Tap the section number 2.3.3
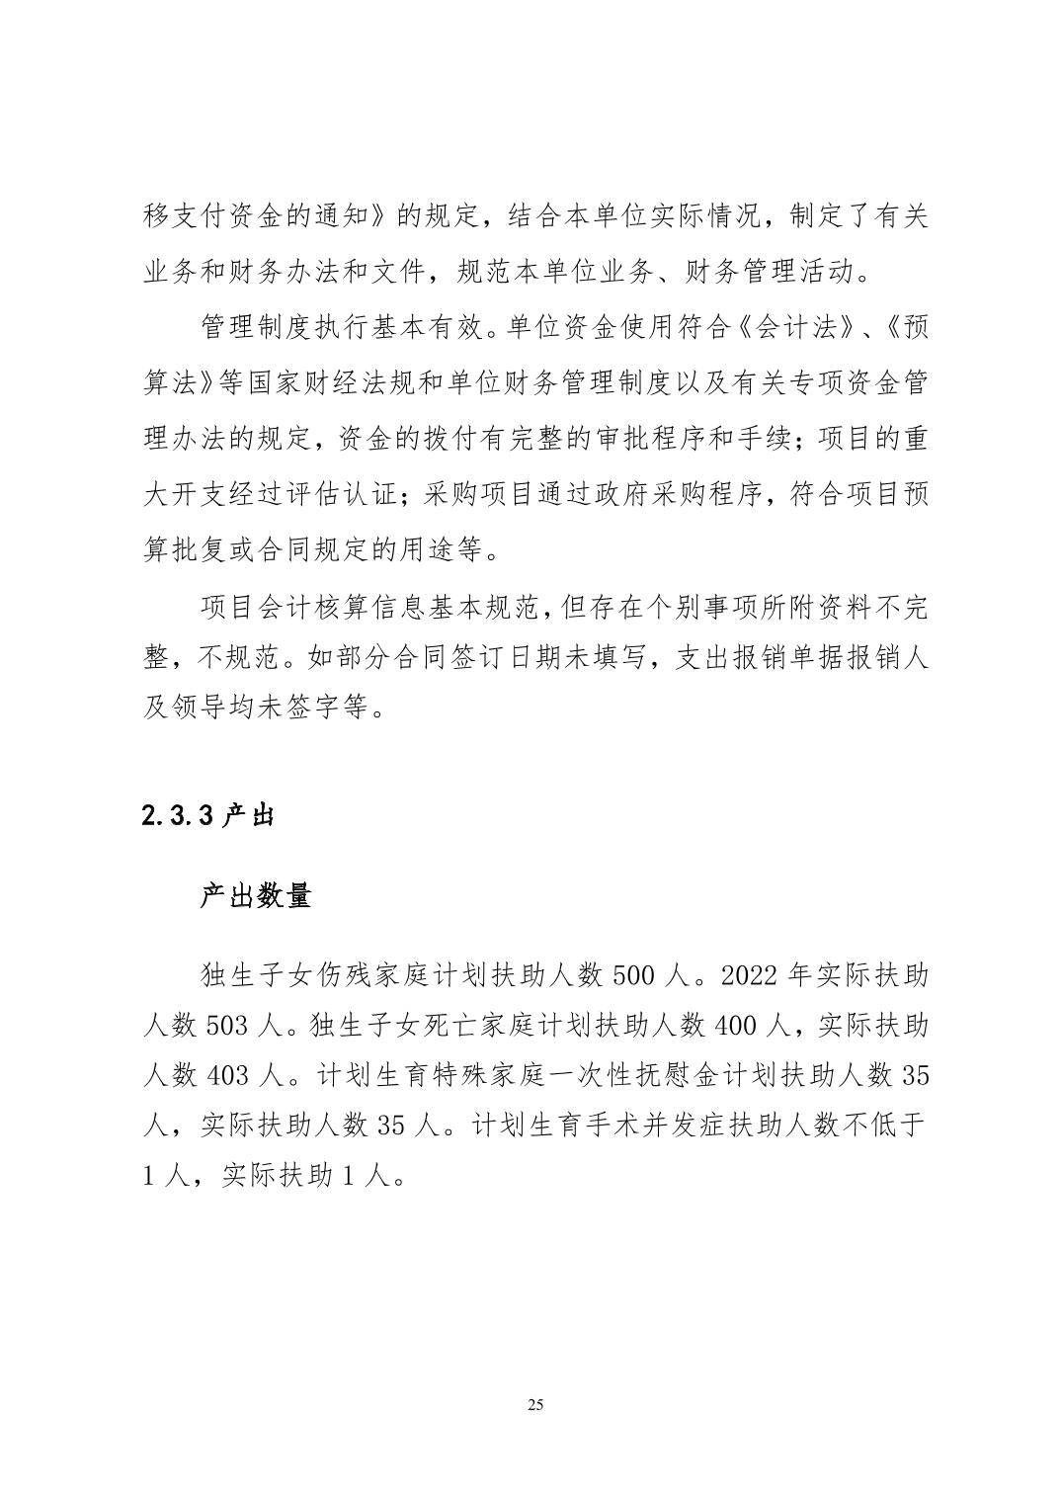pos(179,815)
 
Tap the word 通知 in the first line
pos(351,216)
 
